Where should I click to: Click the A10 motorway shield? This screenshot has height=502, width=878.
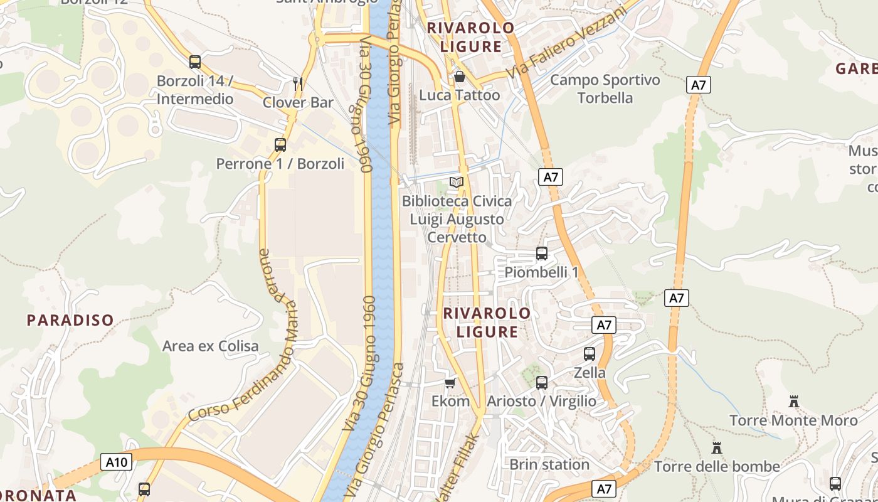pyautogui.click(x=117, y=462)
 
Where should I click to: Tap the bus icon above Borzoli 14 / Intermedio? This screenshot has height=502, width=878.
pyautogui.click(x=195, y=61)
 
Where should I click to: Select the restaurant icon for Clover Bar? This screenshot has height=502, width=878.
pyautogui.click(x=298, y=83)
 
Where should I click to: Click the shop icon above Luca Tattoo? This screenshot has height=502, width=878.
pyautogui.click(x=459, y=77)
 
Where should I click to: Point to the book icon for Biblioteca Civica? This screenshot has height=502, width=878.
pyautogui.click(x=457, y=182)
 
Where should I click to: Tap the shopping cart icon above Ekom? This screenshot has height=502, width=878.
pyautogui.click(x=450, y=383)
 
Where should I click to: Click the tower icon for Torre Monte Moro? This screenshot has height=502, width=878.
pyautogui.click(x=794, y=401)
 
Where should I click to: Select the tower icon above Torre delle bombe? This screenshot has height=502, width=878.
pyautogui.click(x=717, y=447)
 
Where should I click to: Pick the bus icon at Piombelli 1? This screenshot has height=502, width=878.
pyautogui.click(x=542, y=254)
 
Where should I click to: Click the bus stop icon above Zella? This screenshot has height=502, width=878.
pyautogui.click(x=590, y=353)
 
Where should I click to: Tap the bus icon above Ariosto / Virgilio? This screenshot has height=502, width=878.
pyautogui.click(x=542, y=382)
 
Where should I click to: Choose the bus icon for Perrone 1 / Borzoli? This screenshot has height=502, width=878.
pyautogui.click(x=280, y=145)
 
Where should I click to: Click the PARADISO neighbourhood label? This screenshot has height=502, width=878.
pyautogui.click(x=70, y=320)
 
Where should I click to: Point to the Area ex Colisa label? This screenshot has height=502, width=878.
pyautogui.click(x=210, y=346)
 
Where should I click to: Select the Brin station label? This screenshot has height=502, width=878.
pyautogui.click(x=549, y=464)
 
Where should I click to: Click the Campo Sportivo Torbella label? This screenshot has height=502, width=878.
pyautogui.click(x=605, y=88)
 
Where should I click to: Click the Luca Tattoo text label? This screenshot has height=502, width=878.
pyautogui.click(x=459, y=95)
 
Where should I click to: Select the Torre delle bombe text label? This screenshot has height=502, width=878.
pyautogui.click(x=717, y=466)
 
